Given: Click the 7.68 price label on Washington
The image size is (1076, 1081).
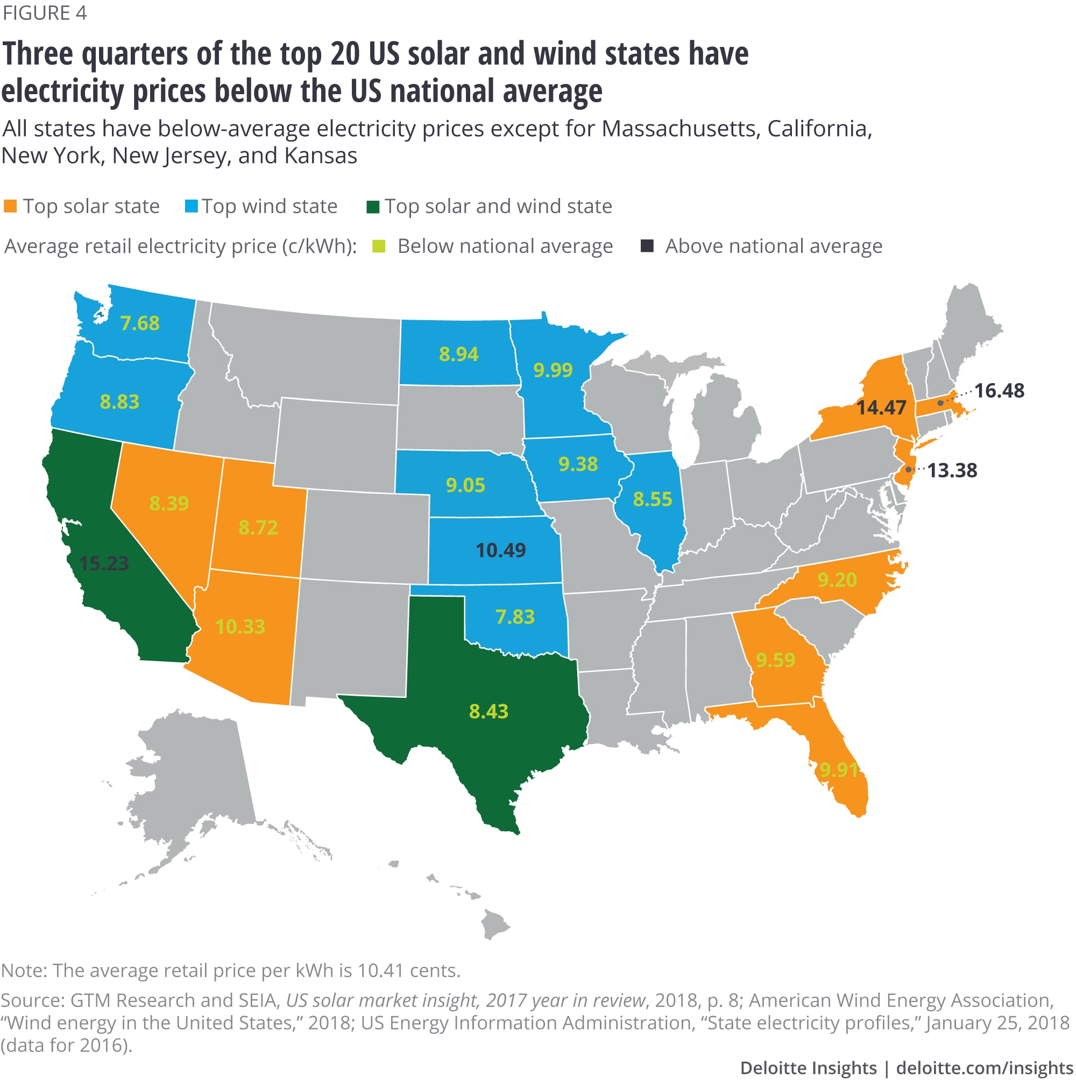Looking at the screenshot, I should tap(140, 323).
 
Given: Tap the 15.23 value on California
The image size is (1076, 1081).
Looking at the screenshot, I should tap(104, 563).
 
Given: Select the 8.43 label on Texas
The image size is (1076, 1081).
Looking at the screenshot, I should tap(489, 711).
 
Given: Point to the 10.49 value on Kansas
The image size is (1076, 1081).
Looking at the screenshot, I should tap(500, 550).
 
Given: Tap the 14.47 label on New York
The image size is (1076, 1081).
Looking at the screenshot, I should tap(881, 407).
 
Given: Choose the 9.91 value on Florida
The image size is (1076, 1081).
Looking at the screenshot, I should tap(838, 770).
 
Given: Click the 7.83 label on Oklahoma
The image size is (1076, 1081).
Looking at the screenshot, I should tap(515, 617).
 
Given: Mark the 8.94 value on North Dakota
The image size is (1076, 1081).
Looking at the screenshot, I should tap(458, 354).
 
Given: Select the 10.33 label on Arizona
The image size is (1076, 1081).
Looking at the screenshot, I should tap(240, 626).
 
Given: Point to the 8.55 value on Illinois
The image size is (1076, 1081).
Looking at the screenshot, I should tap(652, 499).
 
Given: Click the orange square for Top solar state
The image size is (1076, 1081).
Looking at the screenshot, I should tap(10, 207).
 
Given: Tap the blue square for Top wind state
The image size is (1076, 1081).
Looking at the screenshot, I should tap(192, 207).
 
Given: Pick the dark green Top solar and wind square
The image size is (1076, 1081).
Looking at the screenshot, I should tap(373, 207).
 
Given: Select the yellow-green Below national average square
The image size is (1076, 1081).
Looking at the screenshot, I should tap(379, 246).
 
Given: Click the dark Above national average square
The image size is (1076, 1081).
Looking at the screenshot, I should tap(647, 246).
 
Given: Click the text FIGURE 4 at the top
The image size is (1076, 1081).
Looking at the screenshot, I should tap(45, 12).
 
